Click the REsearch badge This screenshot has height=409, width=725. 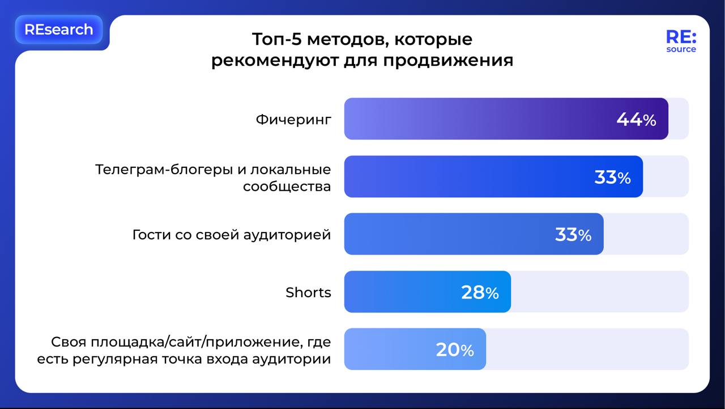(59, 29)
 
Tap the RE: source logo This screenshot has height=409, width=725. (681, 41)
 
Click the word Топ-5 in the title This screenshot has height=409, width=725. (277, 39)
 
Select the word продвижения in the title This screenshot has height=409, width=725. (448, 61)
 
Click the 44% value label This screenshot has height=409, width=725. (636, 119)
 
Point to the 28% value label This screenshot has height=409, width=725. (480, 292)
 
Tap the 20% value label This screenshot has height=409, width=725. (455, 350)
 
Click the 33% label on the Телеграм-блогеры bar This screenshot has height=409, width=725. (613, 178)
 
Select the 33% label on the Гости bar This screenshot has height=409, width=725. (573, 235)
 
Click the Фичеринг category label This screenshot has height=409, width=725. (293, 120)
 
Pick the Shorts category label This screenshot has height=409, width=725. (308, 292)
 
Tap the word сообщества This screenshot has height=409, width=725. (287, 187)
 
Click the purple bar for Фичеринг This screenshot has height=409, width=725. (506, 119)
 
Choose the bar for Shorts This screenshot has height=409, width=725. (428, 292)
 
